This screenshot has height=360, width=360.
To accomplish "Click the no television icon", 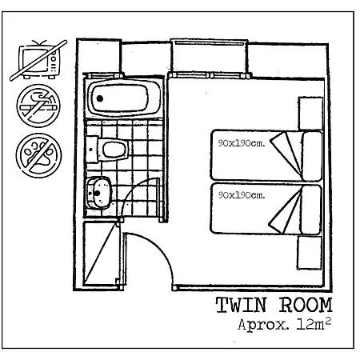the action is coord(38,60).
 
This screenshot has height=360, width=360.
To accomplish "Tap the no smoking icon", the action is coord(38,106).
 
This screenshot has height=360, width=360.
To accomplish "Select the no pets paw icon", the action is coord(38,155).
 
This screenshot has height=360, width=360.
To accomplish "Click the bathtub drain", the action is coord(100,98).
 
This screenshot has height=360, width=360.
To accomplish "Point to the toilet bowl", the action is coord(114,150).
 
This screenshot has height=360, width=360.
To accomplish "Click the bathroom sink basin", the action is coord(99,193).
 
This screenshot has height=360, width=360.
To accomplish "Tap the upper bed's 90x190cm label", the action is coord(242,143).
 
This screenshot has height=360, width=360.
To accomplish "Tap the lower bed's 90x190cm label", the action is coord(242,195).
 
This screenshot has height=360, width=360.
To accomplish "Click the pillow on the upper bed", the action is coord(311,156).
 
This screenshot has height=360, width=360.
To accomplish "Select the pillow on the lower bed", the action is coord(310,210).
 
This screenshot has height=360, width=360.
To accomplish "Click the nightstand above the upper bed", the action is coord(310,114).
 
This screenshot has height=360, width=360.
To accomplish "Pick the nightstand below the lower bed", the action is coord(310,253).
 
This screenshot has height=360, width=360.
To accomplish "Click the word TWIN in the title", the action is coord(241,305).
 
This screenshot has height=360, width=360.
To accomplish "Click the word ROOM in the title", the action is coord(306,305).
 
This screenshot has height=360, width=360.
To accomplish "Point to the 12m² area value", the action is coord(314,324).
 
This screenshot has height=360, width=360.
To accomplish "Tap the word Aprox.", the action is coord(263,325).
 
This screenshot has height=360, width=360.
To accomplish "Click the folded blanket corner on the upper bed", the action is coord(286,154).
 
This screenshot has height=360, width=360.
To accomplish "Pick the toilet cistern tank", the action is coord(92,150).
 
